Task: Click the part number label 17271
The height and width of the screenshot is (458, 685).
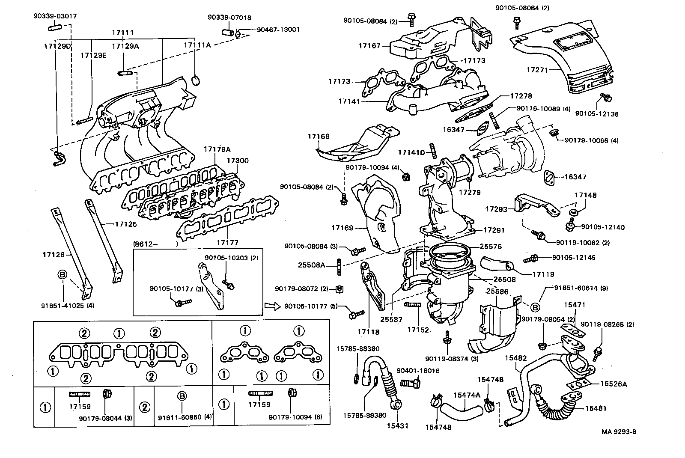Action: coord(537,70)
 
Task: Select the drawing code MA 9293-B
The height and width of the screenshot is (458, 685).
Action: coord(619,431)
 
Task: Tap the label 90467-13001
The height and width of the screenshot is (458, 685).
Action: coord(278,30)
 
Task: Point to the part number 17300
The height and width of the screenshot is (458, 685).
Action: coord(237,161)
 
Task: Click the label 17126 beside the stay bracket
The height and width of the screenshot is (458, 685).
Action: coord(53,255)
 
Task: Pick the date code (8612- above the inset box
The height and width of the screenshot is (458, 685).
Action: coord(146,244)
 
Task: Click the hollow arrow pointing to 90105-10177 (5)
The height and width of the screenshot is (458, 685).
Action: coord(271,306)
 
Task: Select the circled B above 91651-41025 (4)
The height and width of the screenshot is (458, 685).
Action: coord(63,274)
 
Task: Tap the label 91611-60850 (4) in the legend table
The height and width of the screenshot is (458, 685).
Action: coord(185,417)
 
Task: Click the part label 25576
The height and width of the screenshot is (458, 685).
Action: coord(491,247)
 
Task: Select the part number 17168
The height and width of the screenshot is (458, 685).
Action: coord(319,137)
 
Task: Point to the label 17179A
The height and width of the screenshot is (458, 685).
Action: coord(217,149)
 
